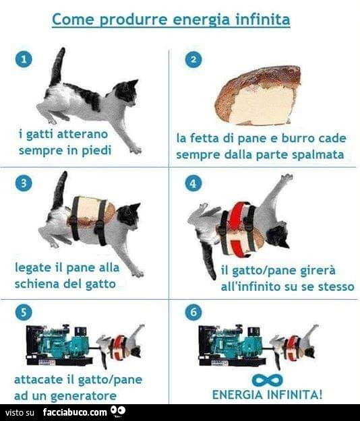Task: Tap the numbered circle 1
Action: coord(24,59)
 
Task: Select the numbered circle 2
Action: coord(193,59)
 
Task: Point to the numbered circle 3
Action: coord(24,183)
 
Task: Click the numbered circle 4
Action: coord(193,183)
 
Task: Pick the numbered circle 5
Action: coord(24,312)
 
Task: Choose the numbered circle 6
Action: coord(193,312)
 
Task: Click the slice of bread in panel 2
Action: coord(258,96)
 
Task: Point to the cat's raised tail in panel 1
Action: coord(57,67)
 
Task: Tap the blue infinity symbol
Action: coord(268,380)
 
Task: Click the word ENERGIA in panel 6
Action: coord(237,395)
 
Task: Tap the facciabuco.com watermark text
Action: coord(75,412)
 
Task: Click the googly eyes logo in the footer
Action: coord(118,411)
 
